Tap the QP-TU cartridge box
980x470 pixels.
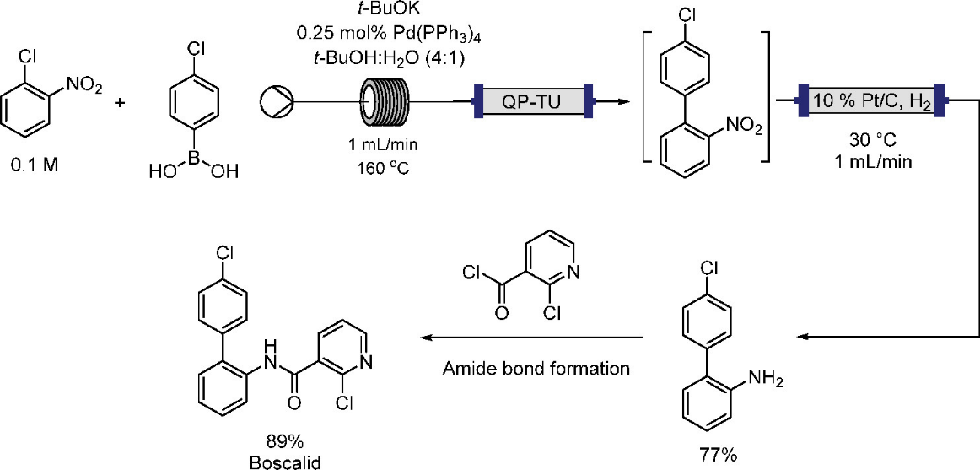click(x=532, y=102)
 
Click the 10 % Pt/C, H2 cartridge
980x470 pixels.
click(x=871, y=102)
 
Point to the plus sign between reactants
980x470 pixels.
click(x=119, y=102)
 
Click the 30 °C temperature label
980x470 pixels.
click(x=873, y=138)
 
